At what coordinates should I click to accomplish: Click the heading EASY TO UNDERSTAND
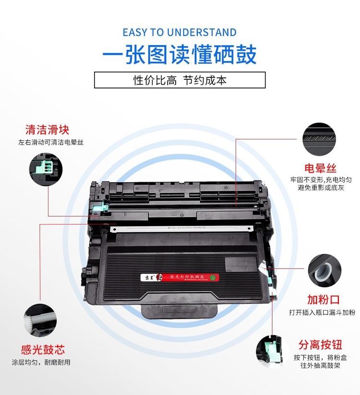coord(180,32)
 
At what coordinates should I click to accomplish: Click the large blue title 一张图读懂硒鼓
coord(180,55)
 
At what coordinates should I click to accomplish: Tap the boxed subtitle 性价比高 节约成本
coord(180,80)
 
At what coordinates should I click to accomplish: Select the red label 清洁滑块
coord(47,130)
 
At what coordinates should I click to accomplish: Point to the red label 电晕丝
coord(320,168)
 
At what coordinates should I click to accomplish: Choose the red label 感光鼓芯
coord(43,349)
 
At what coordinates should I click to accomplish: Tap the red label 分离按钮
coord(320,345)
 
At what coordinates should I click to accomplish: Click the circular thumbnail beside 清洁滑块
coord(47,167)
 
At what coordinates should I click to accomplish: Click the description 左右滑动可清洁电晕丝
coord(47,143)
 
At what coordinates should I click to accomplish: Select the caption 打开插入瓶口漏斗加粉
coord(322,312)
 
